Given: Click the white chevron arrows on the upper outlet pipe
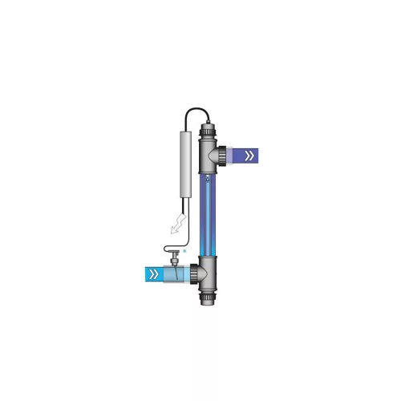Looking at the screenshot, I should coord(250,154).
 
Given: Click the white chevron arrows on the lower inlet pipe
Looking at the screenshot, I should coord(151,273).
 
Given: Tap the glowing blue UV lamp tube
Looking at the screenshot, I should coord(211,213).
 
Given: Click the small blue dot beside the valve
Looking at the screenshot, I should coord(184,250).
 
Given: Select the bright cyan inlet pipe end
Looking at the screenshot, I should coord(148,273).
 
